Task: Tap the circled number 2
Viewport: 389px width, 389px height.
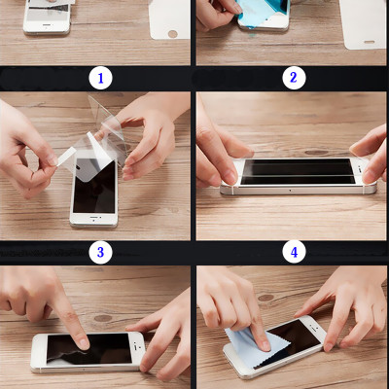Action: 294,78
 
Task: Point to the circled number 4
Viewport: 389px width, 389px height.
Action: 294,253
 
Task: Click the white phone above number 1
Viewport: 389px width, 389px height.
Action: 46,17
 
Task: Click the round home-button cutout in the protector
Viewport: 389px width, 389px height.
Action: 172,33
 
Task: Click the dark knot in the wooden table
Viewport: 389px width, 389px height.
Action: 101,318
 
